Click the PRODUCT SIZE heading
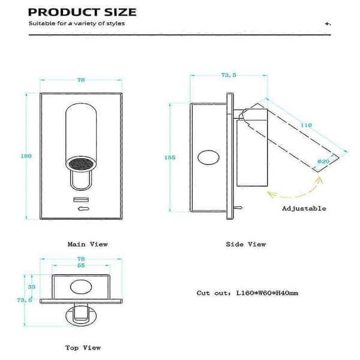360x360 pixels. point(82,12)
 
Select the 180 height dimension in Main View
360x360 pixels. point(26,156)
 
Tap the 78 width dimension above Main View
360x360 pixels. point(81,80)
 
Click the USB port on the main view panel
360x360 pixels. point(81,200)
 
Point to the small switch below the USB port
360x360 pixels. point(83,209)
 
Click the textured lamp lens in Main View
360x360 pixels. point(81,164)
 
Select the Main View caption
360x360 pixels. point(88,244)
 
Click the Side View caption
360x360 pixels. point(246,244)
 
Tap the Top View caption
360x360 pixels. point(83,348)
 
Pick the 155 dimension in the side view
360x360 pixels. point(170,157)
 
